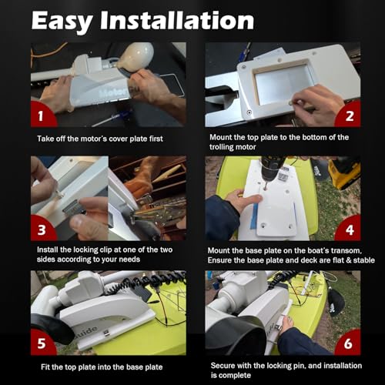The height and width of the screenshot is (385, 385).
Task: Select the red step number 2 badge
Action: click(x=349, y=116)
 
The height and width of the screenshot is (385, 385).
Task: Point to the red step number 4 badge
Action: click(x=349, y=229)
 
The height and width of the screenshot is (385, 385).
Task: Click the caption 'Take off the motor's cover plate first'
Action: click(x=100, y=138)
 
